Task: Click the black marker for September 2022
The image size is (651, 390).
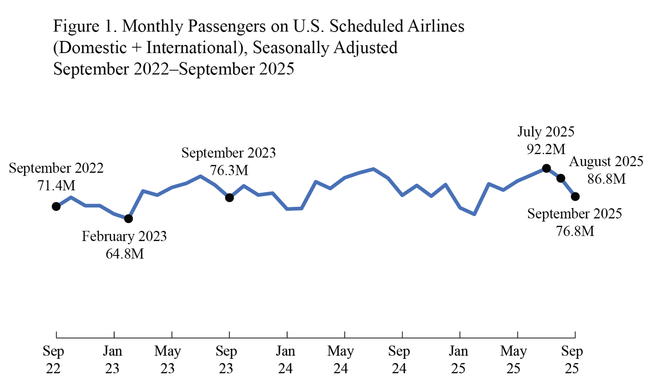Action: tap(56, 206)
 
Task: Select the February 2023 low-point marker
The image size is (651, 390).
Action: tap(128, 219)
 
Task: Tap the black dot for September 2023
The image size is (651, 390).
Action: tap(230, 198)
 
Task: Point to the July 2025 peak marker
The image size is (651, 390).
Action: tap(547, 168)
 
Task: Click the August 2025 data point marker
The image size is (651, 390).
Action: tap(561, 178)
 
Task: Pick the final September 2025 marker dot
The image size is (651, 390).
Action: tap(575, 197)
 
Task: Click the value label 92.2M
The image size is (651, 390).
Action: tap(546, 149)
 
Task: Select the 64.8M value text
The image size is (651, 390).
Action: tap(125, 254)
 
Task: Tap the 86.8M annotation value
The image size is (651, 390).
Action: tap(606, 179)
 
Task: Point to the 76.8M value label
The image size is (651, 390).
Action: tap(575, 231)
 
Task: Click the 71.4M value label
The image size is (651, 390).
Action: tap(56, 186)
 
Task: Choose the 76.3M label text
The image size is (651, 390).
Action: tap(229, 170)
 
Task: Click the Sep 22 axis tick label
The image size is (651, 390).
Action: tap(53, 360)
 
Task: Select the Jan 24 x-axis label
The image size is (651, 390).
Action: tap(285, 360)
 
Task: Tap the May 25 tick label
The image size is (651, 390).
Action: tap(513, 360)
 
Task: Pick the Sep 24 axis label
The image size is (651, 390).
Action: tap(399, 360)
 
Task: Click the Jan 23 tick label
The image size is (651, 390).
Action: tap(112, 360)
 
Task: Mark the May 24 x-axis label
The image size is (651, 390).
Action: tap(340, 360)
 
